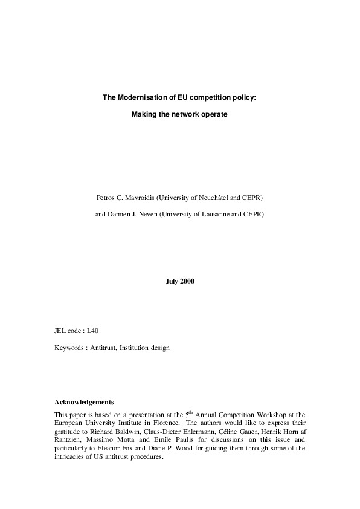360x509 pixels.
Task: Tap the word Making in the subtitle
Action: pyautogui.click(x=143, y=114)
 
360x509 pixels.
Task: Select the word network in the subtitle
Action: pyautogui.click(x=190, y=114)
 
